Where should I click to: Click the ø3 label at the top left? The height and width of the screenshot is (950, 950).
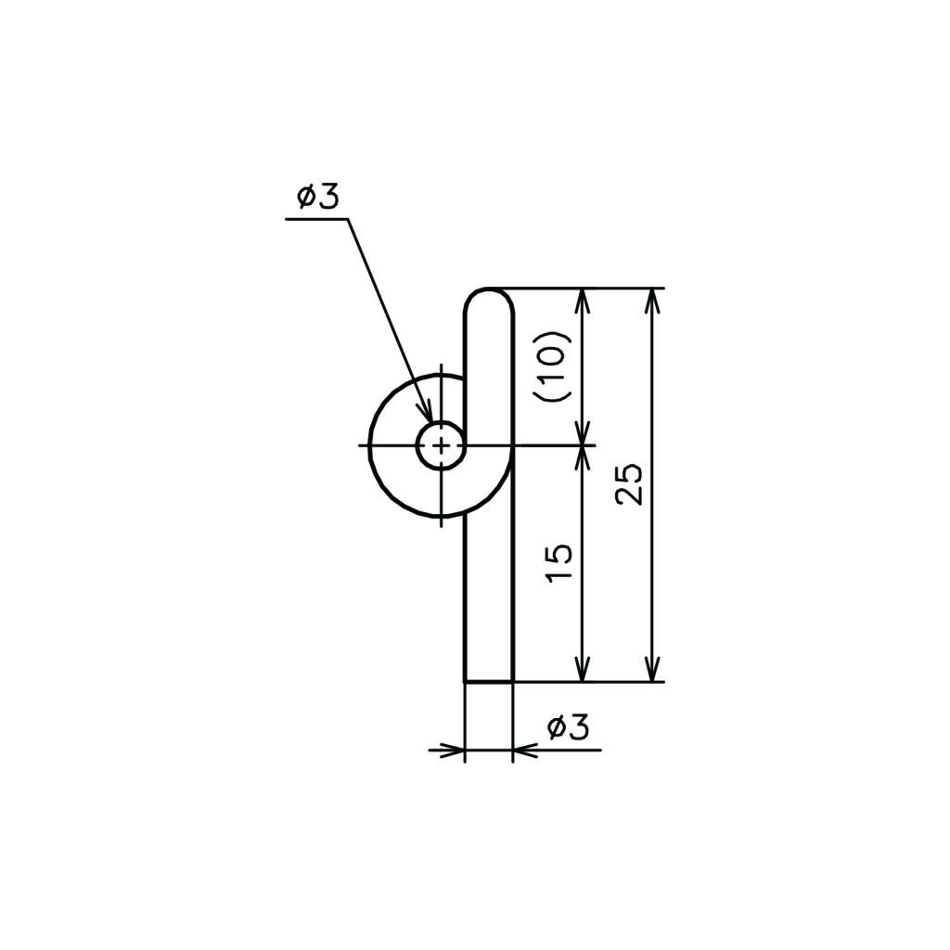tap(318, 198)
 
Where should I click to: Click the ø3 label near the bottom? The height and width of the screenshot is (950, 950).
tap(568, 727)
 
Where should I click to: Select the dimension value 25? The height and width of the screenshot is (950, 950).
tap(629, 484)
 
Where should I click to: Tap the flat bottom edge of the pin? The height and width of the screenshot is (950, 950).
tap(489, 682)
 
